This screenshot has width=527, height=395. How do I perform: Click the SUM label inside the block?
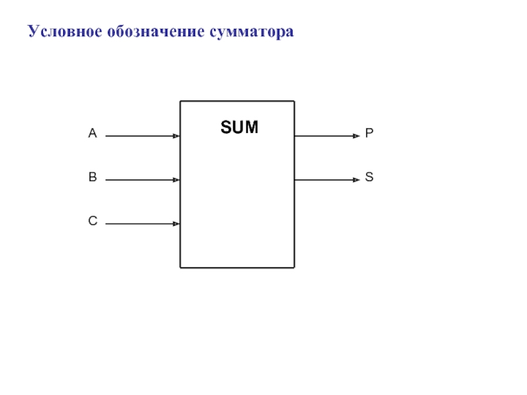point(239,127)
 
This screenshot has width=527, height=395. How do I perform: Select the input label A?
point(93,134)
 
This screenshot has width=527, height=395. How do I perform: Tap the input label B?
point(93,177)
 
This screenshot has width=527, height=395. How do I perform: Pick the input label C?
point(93,222)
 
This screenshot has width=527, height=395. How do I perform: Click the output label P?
point(370,134)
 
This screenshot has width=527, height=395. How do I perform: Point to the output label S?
point(370,177)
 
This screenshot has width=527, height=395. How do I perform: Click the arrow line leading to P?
point(323,136)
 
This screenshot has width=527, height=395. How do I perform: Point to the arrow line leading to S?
point(323,180)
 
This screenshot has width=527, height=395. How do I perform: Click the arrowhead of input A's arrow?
point(177,136)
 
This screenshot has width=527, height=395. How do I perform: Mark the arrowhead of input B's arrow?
point(177,180)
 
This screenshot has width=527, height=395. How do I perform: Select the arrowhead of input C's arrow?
point(177,224)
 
